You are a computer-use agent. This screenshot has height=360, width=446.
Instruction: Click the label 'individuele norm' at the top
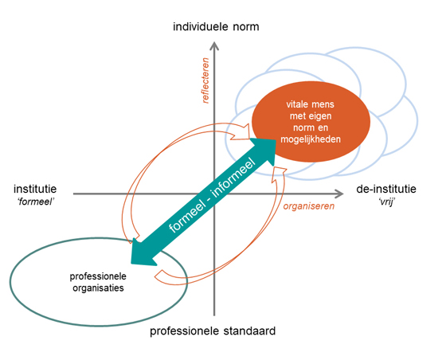tap(216, 27)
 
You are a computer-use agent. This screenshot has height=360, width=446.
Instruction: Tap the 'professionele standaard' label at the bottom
tap(213, 331)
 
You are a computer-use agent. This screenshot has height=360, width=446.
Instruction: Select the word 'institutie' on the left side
tap(35, 189)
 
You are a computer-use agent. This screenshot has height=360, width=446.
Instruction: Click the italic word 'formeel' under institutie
tap(36, 202)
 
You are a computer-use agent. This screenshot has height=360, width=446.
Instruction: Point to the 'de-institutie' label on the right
tap(386, 189)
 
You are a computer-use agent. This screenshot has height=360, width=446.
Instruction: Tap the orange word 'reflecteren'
tap(205, 80)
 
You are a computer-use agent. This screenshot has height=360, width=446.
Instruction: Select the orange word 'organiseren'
tap(309, 206)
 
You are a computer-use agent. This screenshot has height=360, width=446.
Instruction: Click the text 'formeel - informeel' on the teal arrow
tap(213, 194)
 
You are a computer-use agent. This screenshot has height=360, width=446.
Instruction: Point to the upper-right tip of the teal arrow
tap(276, 139)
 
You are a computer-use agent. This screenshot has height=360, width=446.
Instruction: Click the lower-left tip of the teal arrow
tap(131, 263)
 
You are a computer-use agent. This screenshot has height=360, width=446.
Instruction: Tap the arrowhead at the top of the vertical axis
tap(214, 45)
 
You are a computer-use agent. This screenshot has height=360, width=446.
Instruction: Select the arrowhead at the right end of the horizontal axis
tap(340, 194)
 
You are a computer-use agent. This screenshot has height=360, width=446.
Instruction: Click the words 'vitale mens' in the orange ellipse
tap(310, 104)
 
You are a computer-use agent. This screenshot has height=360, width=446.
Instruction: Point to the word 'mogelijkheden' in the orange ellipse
tap(311, 139)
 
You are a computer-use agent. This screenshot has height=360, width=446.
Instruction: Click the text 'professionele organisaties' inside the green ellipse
tap(98, 282)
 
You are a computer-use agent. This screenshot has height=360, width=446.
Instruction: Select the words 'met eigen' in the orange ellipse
tap(311, 116)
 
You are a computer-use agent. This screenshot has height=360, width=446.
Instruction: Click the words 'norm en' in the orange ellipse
tap(311, 127)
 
